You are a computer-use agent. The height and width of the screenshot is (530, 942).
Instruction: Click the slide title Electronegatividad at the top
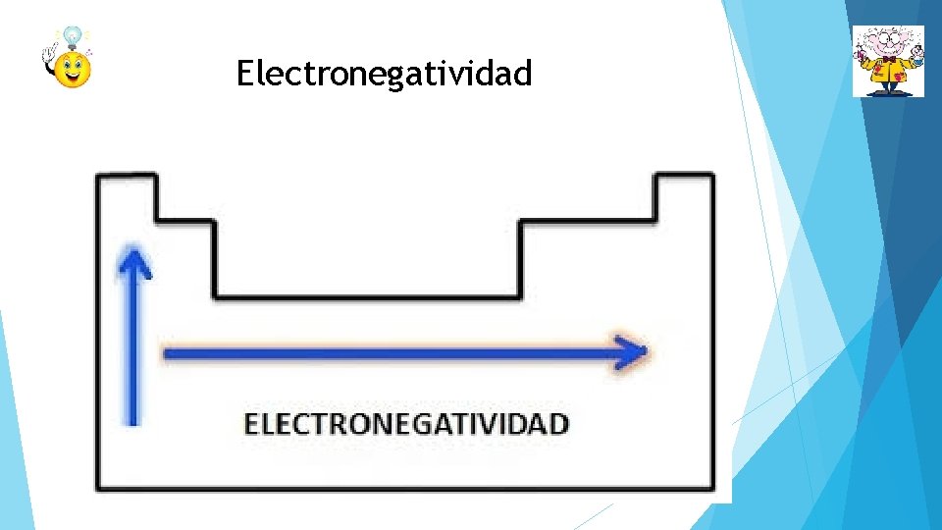[x=384, y=74]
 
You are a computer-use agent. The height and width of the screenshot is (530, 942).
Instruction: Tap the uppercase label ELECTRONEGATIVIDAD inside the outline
[x=406, y=424]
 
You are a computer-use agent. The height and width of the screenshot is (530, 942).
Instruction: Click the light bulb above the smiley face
[x=73, y=37]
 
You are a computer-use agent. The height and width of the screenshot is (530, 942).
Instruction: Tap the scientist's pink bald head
[x=888, y=36]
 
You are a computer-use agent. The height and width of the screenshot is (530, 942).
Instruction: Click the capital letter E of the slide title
[x=244, y=74]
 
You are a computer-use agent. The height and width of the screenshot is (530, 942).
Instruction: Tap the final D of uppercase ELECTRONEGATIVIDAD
[x=558, y=424]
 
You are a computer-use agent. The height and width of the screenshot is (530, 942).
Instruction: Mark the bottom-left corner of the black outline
[x=97, y=487]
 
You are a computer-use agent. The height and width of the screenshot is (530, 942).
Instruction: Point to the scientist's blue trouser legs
[x=888, y=86]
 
